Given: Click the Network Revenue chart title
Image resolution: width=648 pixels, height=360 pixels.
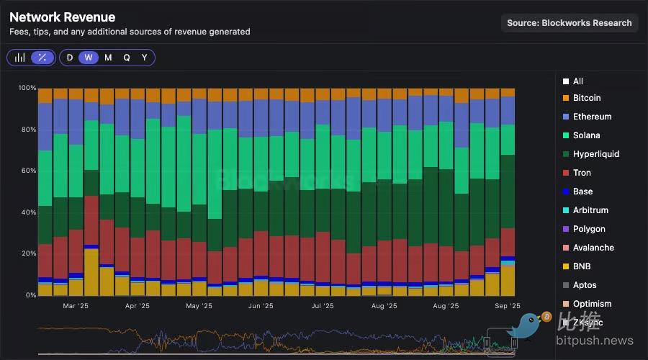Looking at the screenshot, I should coord(62,17).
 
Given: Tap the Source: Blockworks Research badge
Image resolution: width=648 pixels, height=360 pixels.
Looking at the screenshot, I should coord(569,23).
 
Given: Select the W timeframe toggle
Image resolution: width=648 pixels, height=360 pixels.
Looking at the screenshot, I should coord(89,58).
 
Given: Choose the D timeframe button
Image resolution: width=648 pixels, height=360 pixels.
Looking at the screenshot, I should coord(70,58).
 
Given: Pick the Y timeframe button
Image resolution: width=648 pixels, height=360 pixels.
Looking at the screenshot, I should coord(144,58).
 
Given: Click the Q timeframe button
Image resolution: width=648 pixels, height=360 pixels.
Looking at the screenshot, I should coord(127,58).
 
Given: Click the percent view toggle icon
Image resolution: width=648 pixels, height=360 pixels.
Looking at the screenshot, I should coord(42,58).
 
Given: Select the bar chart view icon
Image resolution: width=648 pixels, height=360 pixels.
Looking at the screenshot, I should coord(20,58).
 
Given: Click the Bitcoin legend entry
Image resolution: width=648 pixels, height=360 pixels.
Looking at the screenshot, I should coord(586,98).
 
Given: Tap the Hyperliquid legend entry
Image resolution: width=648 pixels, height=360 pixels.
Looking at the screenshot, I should coord(595,154).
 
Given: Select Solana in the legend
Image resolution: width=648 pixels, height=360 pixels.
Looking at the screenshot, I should coord(586,135).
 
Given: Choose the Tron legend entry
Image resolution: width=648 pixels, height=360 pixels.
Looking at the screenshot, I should coord(581,173).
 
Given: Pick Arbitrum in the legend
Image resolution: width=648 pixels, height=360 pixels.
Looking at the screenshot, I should coord(590,210).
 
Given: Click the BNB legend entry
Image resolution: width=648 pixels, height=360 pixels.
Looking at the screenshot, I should coord(581,266).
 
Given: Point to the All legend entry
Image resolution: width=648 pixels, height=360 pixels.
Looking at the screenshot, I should coord(577,81).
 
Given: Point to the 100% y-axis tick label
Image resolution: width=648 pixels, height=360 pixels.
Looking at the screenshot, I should coord(27,88).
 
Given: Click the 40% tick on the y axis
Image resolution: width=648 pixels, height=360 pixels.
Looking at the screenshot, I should coord(29,212).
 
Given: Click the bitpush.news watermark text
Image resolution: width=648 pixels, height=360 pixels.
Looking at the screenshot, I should coord(598,341).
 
